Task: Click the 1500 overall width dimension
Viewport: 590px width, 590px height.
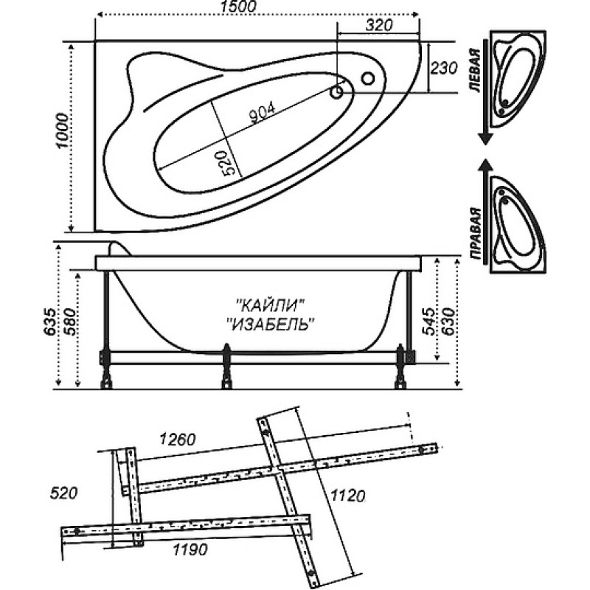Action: pos(238,7)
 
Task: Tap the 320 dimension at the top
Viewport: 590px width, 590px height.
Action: pos(379,25)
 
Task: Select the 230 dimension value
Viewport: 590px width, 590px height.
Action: pos(444,68)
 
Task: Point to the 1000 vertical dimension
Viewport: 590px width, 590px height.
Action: pos(63,131)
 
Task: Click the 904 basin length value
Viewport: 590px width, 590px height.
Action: pos(263,113)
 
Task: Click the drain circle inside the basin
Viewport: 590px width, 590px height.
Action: pos(336,91)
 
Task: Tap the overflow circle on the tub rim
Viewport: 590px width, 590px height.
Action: pos(367,79)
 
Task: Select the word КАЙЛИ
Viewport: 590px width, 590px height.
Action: pos(270,305)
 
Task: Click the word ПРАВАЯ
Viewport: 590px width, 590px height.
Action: pos(476,234)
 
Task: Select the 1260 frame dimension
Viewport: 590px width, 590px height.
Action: pos(178,440)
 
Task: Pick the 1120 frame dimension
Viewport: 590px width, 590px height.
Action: pos(347,496)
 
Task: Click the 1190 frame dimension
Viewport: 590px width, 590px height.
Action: pos(190,549)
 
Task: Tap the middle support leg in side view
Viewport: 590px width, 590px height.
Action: pos(226,366)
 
